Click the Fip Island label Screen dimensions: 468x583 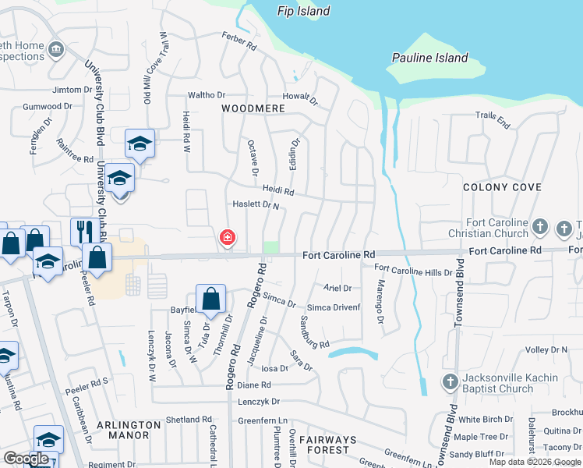pyautogui.click(x=304, y=11)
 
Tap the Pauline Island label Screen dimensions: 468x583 pyautogui.click(x=429, y=58)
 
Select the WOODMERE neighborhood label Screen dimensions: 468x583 pyautogui.click(x=251, y=108)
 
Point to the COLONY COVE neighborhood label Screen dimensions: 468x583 pyautogui.click(x=502, y=187)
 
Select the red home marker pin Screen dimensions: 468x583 pyautogui.click(x=228, y=236)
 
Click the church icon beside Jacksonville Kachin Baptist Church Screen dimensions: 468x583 pyautogui.click(x=450, y=382)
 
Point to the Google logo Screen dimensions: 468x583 pyautogui.click(x=26, y=459)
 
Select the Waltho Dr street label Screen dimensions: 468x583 pyautogui.click(x=206, y=96)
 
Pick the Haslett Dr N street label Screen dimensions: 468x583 pyautogui.click(x=256, y=205)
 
